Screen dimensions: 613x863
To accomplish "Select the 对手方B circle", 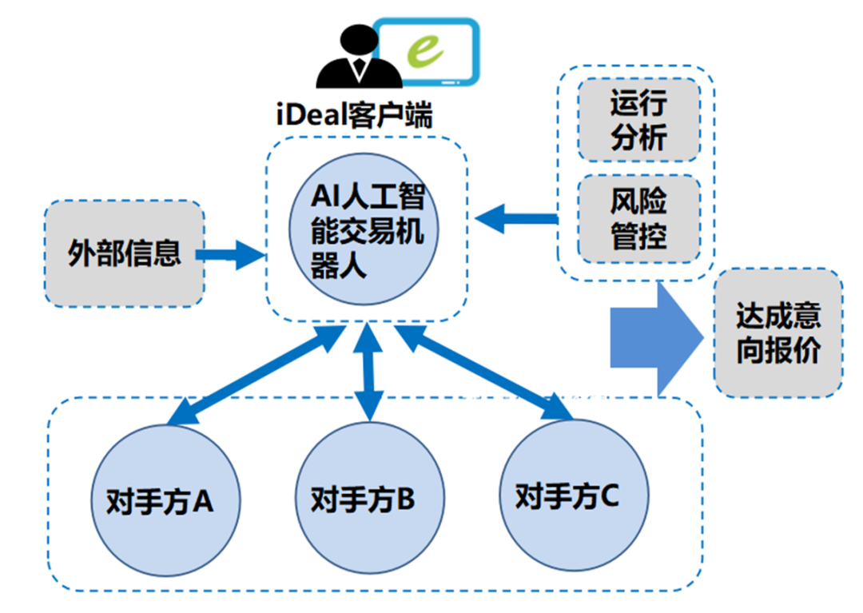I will pos(364,500).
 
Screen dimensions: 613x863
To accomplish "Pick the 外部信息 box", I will pos(124,254).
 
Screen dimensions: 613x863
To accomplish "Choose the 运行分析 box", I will pos(638,121).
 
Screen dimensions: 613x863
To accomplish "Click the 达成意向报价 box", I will pos(777,334).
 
